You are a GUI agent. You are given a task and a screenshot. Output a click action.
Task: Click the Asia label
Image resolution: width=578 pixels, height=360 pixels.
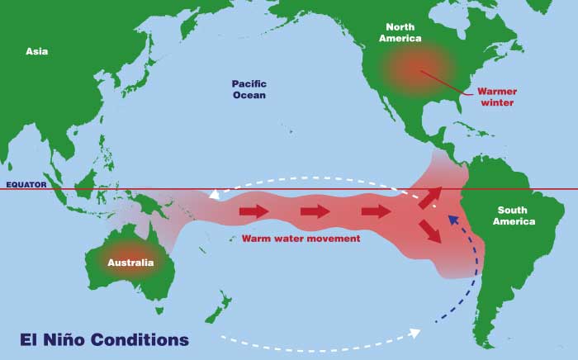[x=36, y=51]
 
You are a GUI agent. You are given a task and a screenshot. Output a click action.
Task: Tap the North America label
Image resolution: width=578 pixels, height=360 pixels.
[x=400, y=32]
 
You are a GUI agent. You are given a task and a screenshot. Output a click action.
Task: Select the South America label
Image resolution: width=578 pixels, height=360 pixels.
[x=514, y=216]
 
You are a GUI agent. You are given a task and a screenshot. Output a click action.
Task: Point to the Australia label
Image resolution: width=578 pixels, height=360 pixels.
[x=130, y=263]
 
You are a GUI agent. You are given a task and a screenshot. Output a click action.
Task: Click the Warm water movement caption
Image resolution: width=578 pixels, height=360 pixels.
[x=301, y=238]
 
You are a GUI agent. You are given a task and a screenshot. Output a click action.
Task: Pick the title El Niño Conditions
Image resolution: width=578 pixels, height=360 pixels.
[x=104, y=339]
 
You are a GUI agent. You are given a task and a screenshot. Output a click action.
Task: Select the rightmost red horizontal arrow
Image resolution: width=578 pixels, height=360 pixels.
[x=377, y=211]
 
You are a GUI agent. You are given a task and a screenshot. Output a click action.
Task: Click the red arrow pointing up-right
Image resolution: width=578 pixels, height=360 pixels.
[x=429, y=197]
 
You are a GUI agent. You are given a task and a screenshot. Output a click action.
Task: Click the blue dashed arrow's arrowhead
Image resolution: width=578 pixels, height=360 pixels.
[x=451, y=219]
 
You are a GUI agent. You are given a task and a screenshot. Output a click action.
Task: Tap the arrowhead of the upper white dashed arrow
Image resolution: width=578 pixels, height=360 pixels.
[x=215, y=196]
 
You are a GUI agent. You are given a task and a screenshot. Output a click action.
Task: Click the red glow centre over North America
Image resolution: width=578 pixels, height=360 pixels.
[x=417, y=66]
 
